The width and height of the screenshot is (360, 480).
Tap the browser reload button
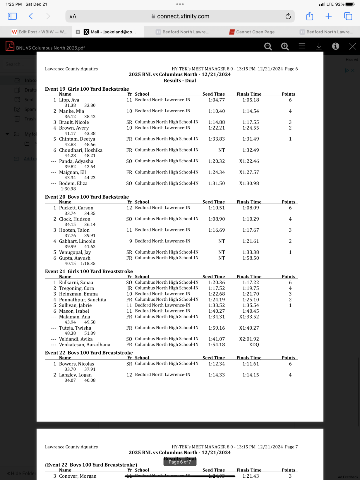click(x=288, y=16)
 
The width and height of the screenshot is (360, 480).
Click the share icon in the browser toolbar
click(x=309, y=16)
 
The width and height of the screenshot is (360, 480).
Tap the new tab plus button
click(x=329, y=16)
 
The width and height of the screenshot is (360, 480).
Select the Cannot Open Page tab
click(x=252, y=32)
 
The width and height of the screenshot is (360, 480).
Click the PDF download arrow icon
click(x=319, y=46)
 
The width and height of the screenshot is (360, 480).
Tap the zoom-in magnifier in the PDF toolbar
click(x=285, y=46)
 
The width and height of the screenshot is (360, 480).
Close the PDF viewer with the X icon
click(x=352, y=46)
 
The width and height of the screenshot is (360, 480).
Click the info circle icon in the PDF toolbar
click(x=335, y=46)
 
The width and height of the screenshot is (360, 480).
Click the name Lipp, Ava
click(x=69, y=100)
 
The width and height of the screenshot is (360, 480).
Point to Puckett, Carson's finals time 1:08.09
click(x=251, y=208)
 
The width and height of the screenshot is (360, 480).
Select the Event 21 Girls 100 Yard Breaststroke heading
click(x=89, y=271)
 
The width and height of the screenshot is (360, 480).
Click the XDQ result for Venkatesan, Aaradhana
click(x=254, y=345)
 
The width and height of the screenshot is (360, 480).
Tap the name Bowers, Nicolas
click(x=76, y=364)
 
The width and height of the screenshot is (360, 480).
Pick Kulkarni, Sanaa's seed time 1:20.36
click(x=217, y=283)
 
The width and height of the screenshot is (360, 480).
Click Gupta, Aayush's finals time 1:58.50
click(x=251, y=258)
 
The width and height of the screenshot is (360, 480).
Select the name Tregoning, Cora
click(x=76, y=288)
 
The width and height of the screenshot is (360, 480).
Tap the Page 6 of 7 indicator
click(x=180, y=462)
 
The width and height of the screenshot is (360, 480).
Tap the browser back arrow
click(x=31, y=16)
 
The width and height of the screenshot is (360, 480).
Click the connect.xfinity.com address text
click(x=183, y=16)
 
